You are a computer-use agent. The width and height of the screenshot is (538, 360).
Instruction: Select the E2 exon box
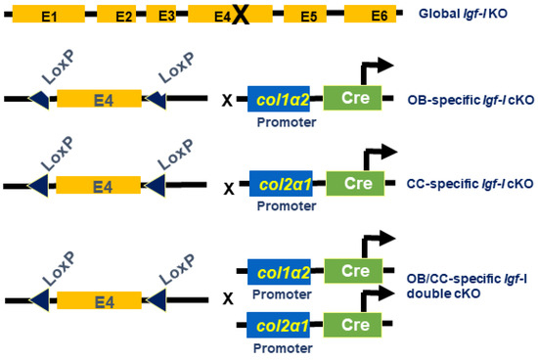point(122,18)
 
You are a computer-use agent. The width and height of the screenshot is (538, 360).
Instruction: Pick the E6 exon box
point(378,18)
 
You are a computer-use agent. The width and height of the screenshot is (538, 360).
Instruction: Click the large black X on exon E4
point(241,17)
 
